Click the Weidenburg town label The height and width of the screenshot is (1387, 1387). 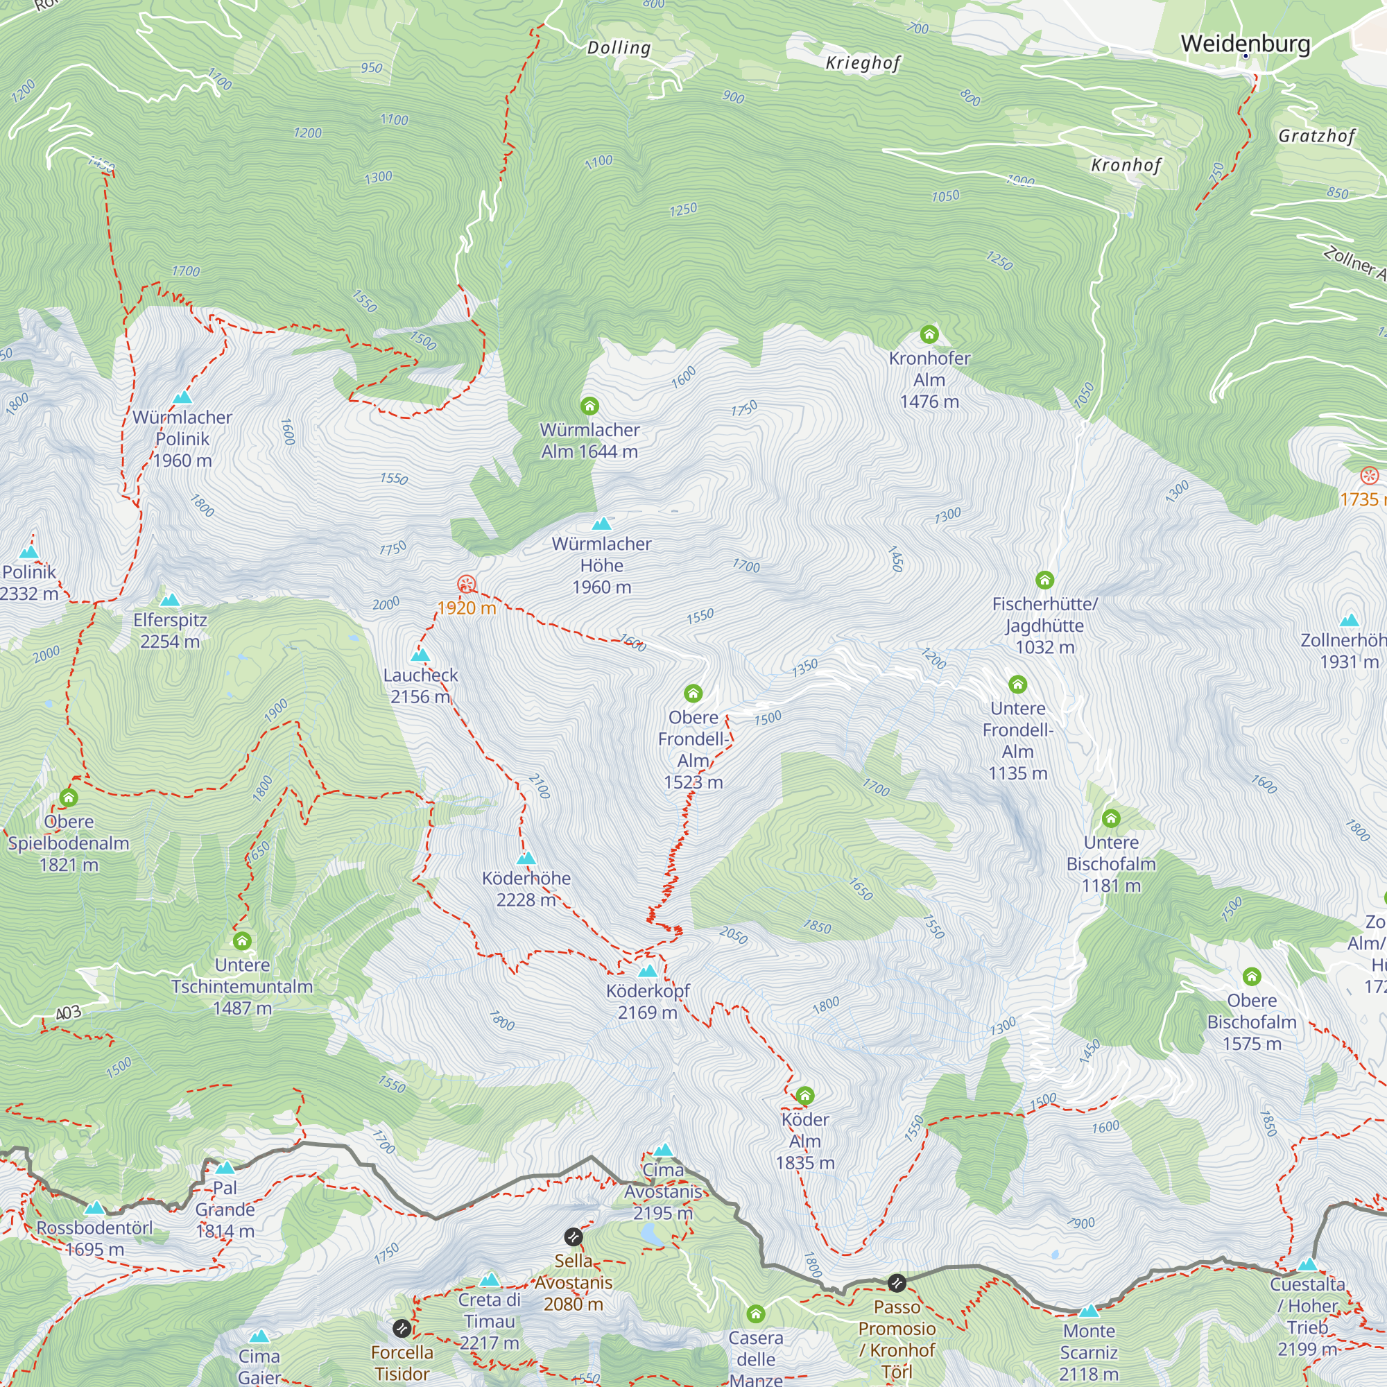pyautogui.click(x=1245, y=43)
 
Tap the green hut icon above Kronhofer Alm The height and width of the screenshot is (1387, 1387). pyautogui.click(x=929, y=334)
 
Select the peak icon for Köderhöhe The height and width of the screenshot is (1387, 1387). pyautogui.click(x=526, y=859)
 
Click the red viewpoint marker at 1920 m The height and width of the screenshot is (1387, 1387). pyautogui.click(x=466, y=584)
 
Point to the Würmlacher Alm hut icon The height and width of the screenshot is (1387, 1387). pyautogui.click(x=589, y=406)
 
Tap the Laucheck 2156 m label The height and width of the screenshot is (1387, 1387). pyautogui.click(x=420, y=686)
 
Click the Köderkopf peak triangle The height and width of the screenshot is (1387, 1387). pyautogui.click(x=648, y=972)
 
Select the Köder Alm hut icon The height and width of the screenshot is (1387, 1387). pyautogui.click(x=804, y=1096)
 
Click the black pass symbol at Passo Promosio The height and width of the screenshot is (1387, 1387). pyautogui.click(x=897, y=1283)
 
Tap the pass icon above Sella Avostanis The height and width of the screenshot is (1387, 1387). pyautogui.click(x=573, y=1237)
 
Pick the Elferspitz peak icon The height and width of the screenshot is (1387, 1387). pyautogui.click(x=169, y=600)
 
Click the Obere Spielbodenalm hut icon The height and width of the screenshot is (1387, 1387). pyautogui.click(x=69, y=798)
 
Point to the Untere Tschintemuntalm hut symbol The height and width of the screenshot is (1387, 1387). pyautogui.click(x=242, y=941)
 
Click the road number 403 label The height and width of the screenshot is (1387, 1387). pyautogui.click(x=68, y=1013)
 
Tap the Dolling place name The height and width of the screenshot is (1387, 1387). pyautogui.click(x=619, y=48)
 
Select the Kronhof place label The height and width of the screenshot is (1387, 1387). pyautogui.click(x=1126, y=165)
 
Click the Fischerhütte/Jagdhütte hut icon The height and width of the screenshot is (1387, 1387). pyautogui.click(x=1044, y=579)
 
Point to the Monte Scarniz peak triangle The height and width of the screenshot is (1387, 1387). pyautogui.click(x=1089, y=1311)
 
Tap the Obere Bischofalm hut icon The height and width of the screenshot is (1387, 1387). pyautogui.click(x=1252, y=976)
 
